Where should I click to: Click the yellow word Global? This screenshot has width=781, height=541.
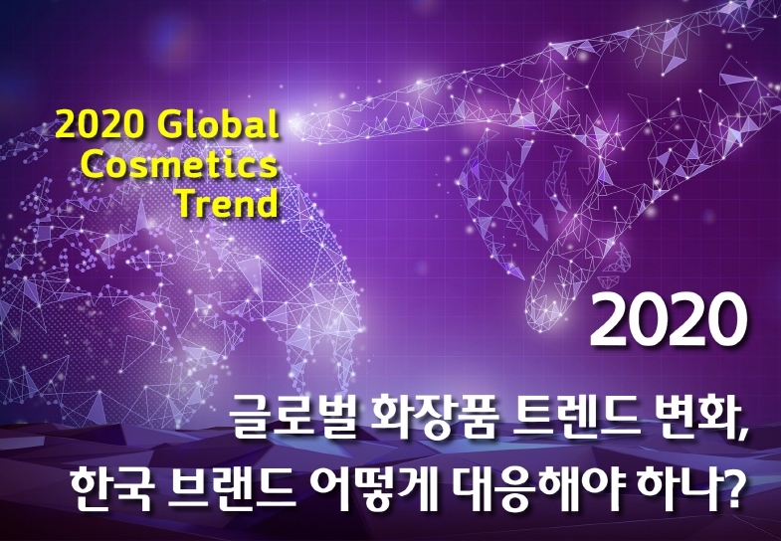tap(218, 125)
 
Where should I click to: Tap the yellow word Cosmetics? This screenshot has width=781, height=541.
tap(178, 164)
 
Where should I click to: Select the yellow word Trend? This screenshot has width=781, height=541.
tap(228, 203)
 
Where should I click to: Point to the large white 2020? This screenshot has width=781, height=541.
tap(669, 319)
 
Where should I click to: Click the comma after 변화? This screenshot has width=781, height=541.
tap(742, 435)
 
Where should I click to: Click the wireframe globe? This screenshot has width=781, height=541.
tap(169, 278)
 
